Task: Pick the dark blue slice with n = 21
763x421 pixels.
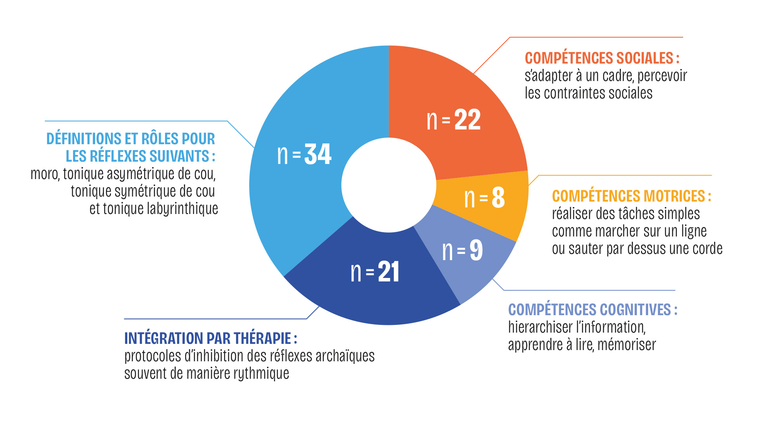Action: coord(373,279)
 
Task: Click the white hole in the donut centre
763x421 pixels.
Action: coord(389,185)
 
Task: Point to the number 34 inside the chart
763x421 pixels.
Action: coord(318,154)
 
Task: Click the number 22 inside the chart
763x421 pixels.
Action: coord(467,120)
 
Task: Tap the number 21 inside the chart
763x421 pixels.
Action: coord(388,272)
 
